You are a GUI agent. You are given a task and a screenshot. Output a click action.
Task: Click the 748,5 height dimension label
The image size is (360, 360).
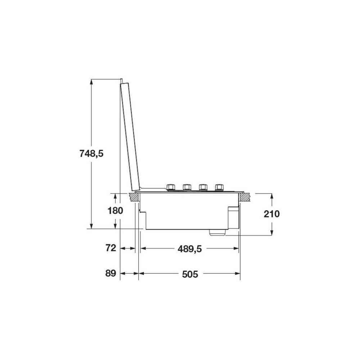pos(91,153)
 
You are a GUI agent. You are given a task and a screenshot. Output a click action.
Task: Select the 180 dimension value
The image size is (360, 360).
pos(115,211)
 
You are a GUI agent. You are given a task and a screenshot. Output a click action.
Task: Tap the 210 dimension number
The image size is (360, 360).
pos(271,214)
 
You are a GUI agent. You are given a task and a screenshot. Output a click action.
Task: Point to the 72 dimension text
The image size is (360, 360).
pos(111,248)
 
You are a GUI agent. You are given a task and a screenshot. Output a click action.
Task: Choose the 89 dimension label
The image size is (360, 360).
pos(111,273)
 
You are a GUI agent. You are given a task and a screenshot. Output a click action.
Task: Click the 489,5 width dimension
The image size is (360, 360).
pos(190,249)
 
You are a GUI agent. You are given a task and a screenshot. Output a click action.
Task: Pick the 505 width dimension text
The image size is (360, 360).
pos(190,274)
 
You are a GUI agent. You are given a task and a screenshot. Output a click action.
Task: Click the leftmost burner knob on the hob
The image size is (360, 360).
pos(171,187)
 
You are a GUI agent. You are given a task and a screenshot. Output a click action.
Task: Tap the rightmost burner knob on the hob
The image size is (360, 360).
pos(219,187)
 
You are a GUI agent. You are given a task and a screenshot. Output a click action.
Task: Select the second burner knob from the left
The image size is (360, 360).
pos(187,187)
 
